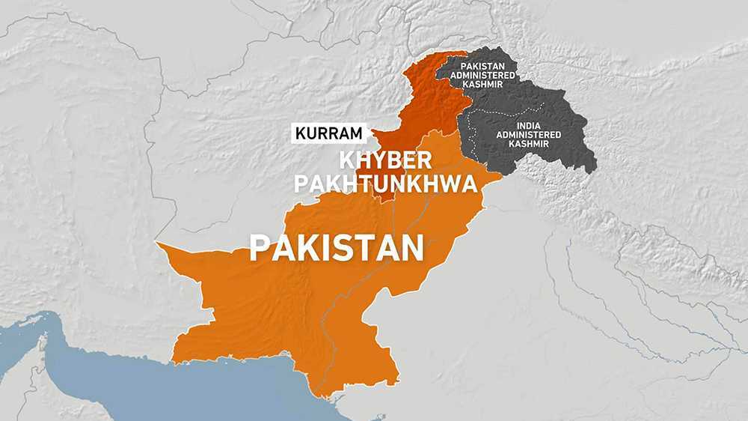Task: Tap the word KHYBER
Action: coord(386,160)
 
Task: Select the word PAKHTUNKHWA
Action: coord(386,184)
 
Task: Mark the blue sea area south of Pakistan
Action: coord(187,390)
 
